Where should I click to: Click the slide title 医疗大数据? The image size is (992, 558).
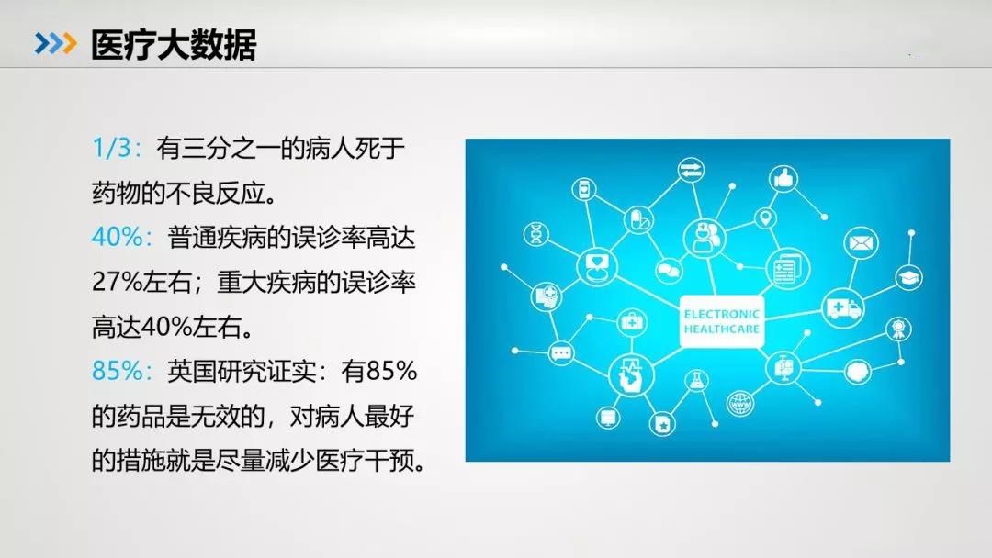click(174, 45)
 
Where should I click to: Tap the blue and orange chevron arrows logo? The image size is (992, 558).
click(56, 44)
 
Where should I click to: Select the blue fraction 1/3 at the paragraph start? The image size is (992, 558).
click(111, 148)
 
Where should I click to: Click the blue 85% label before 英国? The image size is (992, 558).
click(118, 371)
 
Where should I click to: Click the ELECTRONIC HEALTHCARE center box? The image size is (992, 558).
click(721, 321)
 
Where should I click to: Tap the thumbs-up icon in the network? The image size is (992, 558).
click(783, 178)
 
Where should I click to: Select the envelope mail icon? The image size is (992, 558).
click(861, 242)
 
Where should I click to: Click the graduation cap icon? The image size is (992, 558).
click(908, 277)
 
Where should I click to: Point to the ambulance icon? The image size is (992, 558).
click(843, 308)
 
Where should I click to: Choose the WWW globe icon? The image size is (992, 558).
click(740, 403)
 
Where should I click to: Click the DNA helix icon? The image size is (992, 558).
click(535, 234)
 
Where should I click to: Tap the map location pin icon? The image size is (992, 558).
click(765, 218)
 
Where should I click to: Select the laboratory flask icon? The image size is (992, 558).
click(696, 381)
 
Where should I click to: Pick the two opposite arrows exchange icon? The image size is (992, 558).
click(690, 171)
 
